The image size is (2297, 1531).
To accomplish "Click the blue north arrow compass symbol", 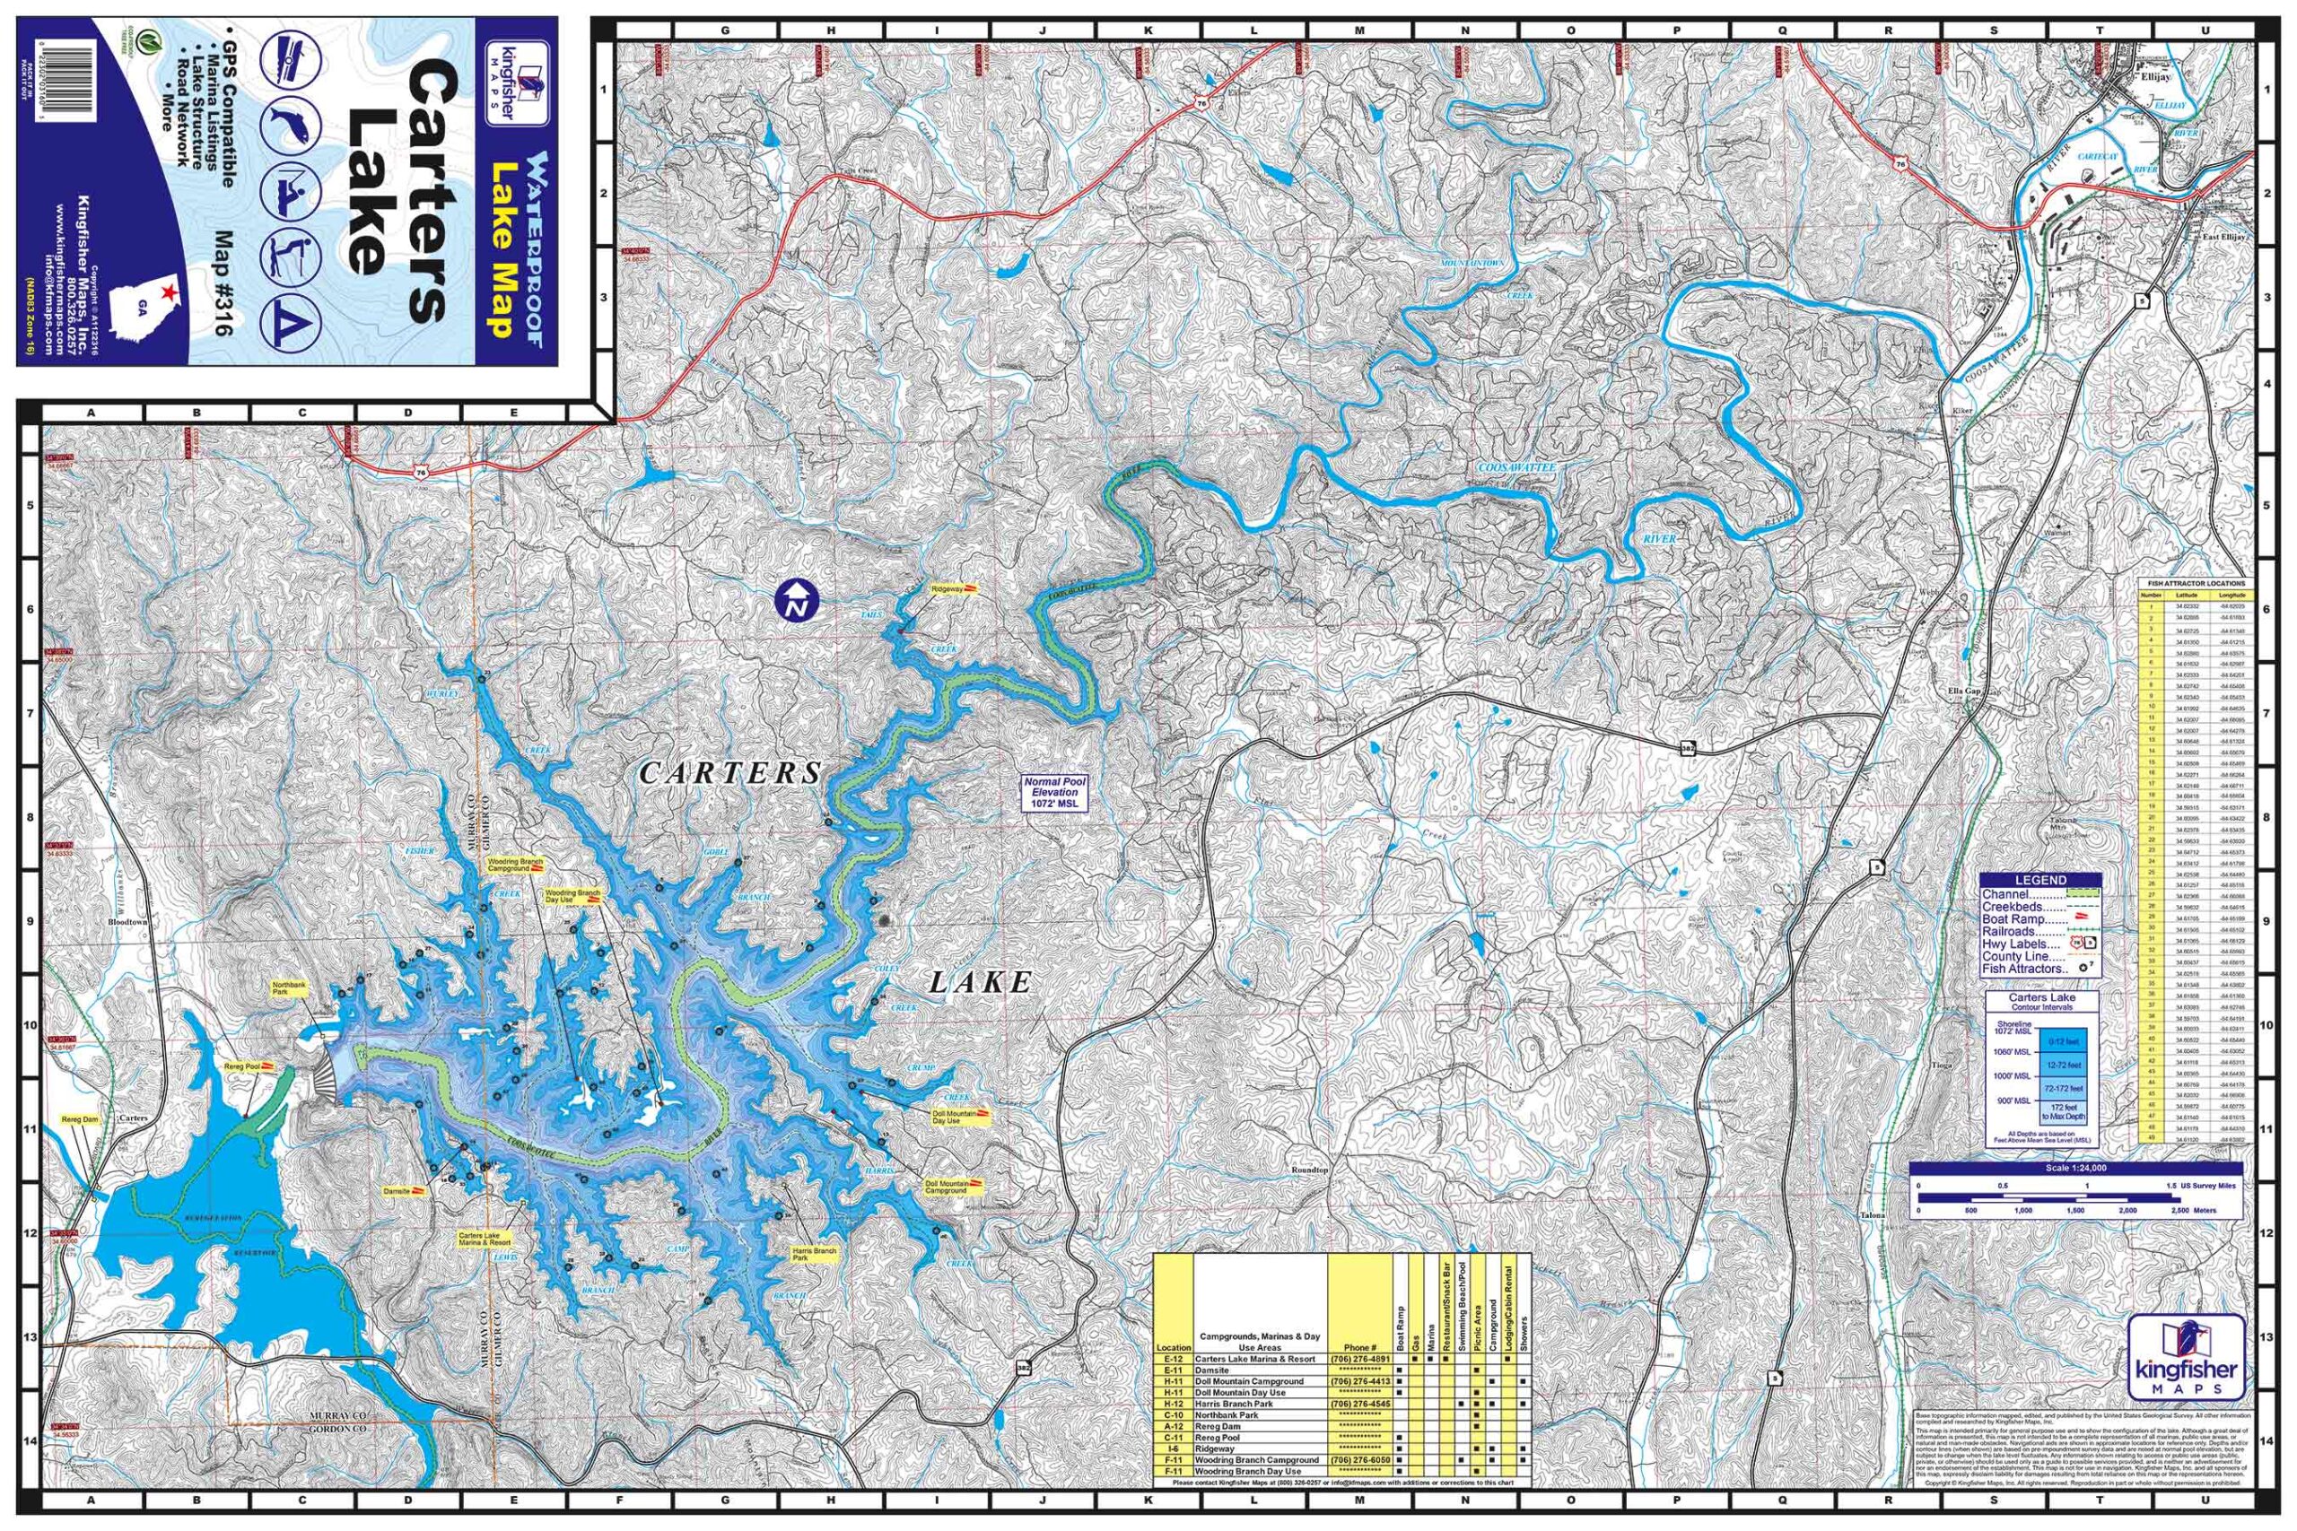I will click(797, 601).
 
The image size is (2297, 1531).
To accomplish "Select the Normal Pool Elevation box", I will click(1055, 793).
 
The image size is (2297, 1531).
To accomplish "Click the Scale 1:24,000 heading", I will click(2075, 1168).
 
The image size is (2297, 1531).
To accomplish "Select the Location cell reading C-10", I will click(1173, 1414).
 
